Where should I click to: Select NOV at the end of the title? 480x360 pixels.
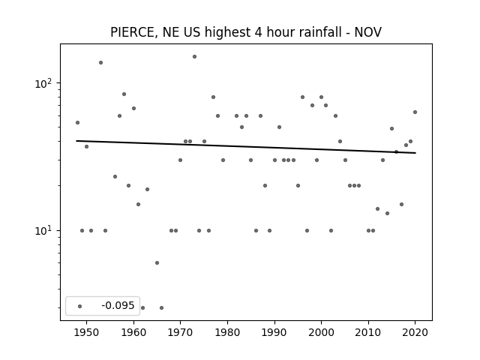368,32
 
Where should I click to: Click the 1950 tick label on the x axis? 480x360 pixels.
87,332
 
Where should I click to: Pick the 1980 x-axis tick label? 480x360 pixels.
227,332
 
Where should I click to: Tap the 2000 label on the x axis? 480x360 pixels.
322,332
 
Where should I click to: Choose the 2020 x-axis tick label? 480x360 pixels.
415,332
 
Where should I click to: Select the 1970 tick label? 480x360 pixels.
181,332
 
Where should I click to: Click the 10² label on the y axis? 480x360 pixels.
45,83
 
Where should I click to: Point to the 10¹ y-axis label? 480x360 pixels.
45,230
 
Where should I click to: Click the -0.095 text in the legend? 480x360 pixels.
118,305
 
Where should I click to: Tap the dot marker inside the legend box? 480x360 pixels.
80,306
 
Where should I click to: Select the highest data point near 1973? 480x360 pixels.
194,57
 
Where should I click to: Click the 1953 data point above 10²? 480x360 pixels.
100,63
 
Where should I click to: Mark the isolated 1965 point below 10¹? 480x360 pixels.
157,263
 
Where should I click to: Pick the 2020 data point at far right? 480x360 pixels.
415,112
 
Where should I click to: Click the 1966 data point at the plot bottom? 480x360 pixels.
162,308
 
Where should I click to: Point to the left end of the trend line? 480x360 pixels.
76,141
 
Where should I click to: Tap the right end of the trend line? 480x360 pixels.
415,153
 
